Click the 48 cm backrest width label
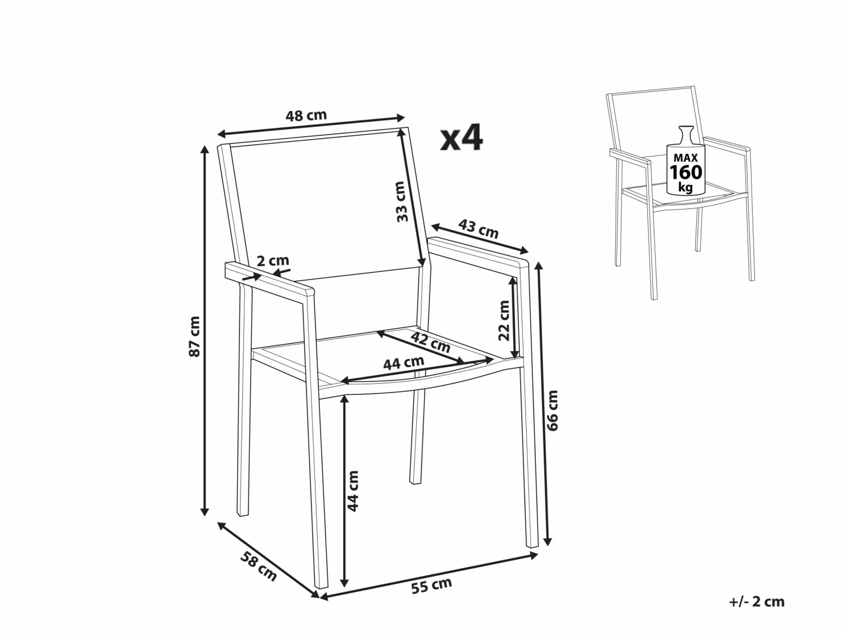[x=306, y=116]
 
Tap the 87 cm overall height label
[x=194, y=336]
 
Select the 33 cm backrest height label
[x=401, y=201]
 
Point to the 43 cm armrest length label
[x=479, y=229]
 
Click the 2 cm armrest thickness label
[x=273, y=261]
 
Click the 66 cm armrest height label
[x=553, y=410]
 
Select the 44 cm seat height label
[x=353, y=491]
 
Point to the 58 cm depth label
[x=259, y=566]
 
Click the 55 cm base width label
[x=432, y=586]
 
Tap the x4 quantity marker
[x=461, y=138]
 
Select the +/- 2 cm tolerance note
[x=756, y=601]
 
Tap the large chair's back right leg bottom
[x=416, y=480]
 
